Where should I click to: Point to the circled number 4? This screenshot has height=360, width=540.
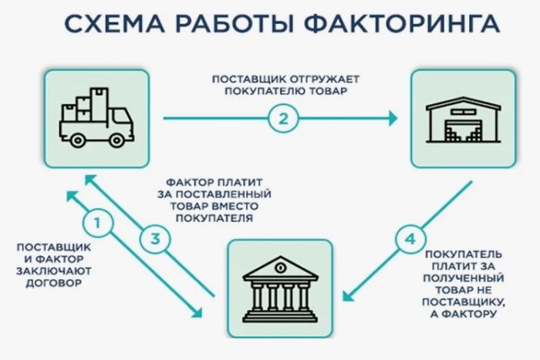coord(408,237)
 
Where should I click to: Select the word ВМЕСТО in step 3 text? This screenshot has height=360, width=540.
coord(235,206)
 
